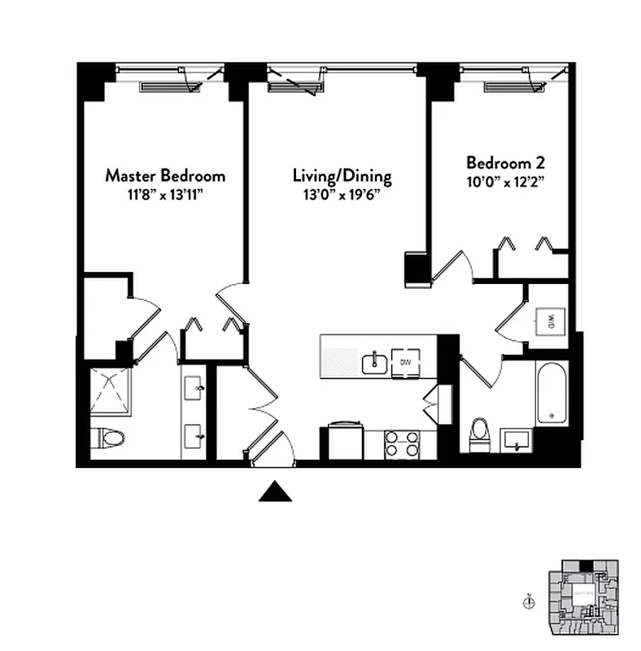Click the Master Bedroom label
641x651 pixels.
[x=165, y=176]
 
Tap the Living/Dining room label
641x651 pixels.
[x=342, y=176]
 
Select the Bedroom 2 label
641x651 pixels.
[x=504, y=161]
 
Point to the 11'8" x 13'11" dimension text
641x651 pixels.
[x=165, y=194]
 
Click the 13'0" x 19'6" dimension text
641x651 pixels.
[x=342, y=194]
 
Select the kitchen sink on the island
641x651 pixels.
[x=375, y=361]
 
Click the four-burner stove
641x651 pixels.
[x=402, y=445]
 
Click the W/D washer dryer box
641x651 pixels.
[x=550, y=319]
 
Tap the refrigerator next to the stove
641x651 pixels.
[x=345, y=441]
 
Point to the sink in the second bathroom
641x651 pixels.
[x=516, y=439]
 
